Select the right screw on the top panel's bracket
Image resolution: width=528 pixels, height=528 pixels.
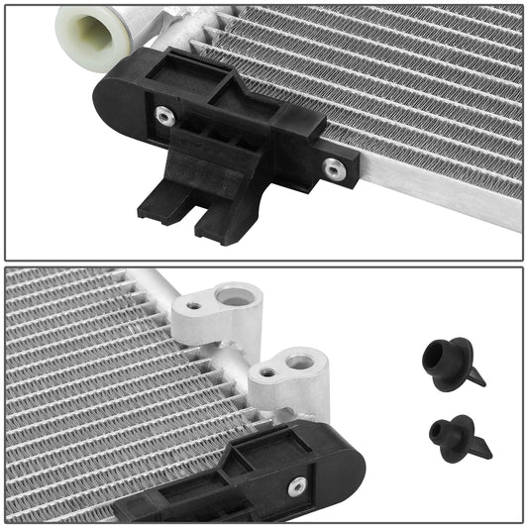pos(335,170)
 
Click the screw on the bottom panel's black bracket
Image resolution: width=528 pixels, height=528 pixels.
pos(297,485)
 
